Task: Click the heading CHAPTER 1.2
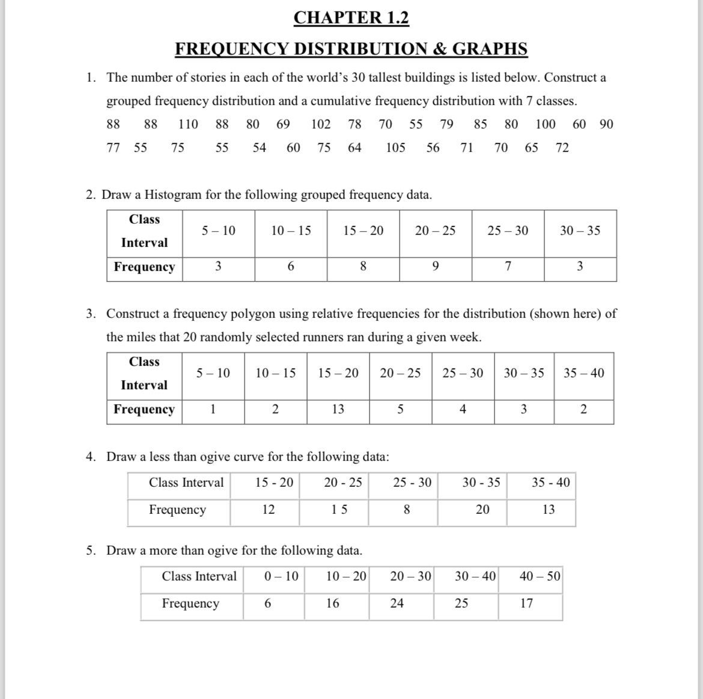click(x=351, y=18)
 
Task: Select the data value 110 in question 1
click(x=188, y=124)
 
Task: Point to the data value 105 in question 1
click(x=395, y=148)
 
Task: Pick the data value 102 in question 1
click(x=320, y=124)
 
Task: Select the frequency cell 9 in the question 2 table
click(x=435, y=267)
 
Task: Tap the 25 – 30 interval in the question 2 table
click(x=508, y=231)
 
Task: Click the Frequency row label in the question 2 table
click(x=144, y=267)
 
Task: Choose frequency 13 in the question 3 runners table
click(x=338, y=409)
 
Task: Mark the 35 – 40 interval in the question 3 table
click(x=583, y=373)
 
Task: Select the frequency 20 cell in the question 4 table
click(x=482, y=510)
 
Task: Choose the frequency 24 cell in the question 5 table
click(x=397, y=603)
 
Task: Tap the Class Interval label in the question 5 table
click(x=199, y=576)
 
